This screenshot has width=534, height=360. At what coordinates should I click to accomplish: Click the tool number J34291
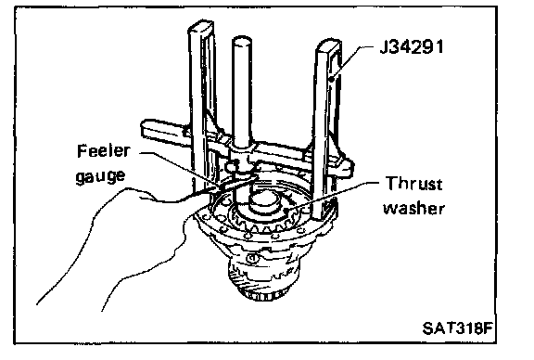point(412,46)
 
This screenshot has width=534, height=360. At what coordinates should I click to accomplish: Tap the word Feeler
point(104,150)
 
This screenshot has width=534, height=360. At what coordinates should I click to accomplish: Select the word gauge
point(100,176)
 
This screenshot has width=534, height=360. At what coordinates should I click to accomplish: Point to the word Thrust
point(413,184)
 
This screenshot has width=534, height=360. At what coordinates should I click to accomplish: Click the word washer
point(414,208)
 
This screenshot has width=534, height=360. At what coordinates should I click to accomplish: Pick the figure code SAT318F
point(457,328)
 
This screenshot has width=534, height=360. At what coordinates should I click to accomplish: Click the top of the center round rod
point(242,42)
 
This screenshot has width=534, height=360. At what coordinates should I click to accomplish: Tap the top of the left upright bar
point(201,27)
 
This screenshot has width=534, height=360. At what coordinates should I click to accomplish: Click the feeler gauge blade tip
point(255,176)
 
